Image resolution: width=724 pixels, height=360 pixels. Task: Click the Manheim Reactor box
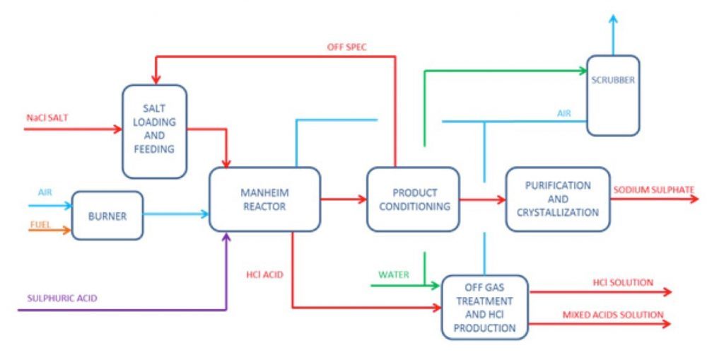coord(264,199)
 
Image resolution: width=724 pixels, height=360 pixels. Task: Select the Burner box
coord(107,215)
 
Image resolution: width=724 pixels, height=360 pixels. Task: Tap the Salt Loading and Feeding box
coord(154,132)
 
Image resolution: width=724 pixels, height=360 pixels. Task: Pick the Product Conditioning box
coord(413,199)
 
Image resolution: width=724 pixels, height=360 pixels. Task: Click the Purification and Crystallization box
coord(558,199)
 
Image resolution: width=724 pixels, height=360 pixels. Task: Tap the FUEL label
coord(40,224)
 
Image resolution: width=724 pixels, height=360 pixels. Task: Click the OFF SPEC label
coord(346,47)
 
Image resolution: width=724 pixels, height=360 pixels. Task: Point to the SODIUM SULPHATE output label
coord(653,190)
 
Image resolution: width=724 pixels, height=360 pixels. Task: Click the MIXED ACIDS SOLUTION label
coord(613,315)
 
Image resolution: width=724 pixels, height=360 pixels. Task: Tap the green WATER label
coord(394,274)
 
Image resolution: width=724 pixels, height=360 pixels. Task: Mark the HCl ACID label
coord(265,274)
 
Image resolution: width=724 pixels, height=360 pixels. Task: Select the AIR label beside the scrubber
coord(563,112)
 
